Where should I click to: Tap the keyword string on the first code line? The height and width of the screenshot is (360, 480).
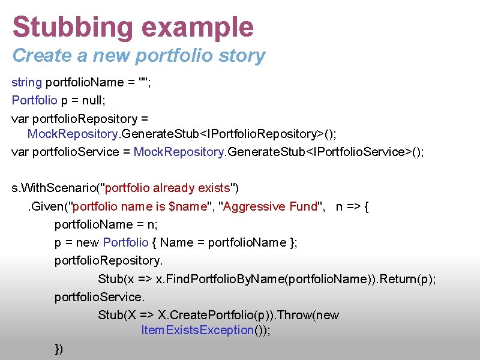(x=27, y=82)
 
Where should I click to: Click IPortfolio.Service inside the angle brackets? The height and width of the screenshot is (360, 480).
(x=361, y=152)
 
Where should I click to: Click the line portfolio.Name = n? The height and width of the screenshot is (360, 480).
(x=106, y=224)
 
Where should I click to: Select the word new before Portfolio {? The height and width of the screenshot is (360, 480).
(x=88, y=242)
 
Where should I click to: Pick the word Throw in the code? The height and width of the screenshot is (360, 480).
(x=295, y=315)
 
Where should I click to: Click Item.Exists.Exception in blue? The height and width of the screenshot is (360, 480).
(x=197, y=330)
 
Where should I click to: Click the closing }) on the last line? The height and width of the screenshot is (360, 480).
(x=59, y=349)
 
